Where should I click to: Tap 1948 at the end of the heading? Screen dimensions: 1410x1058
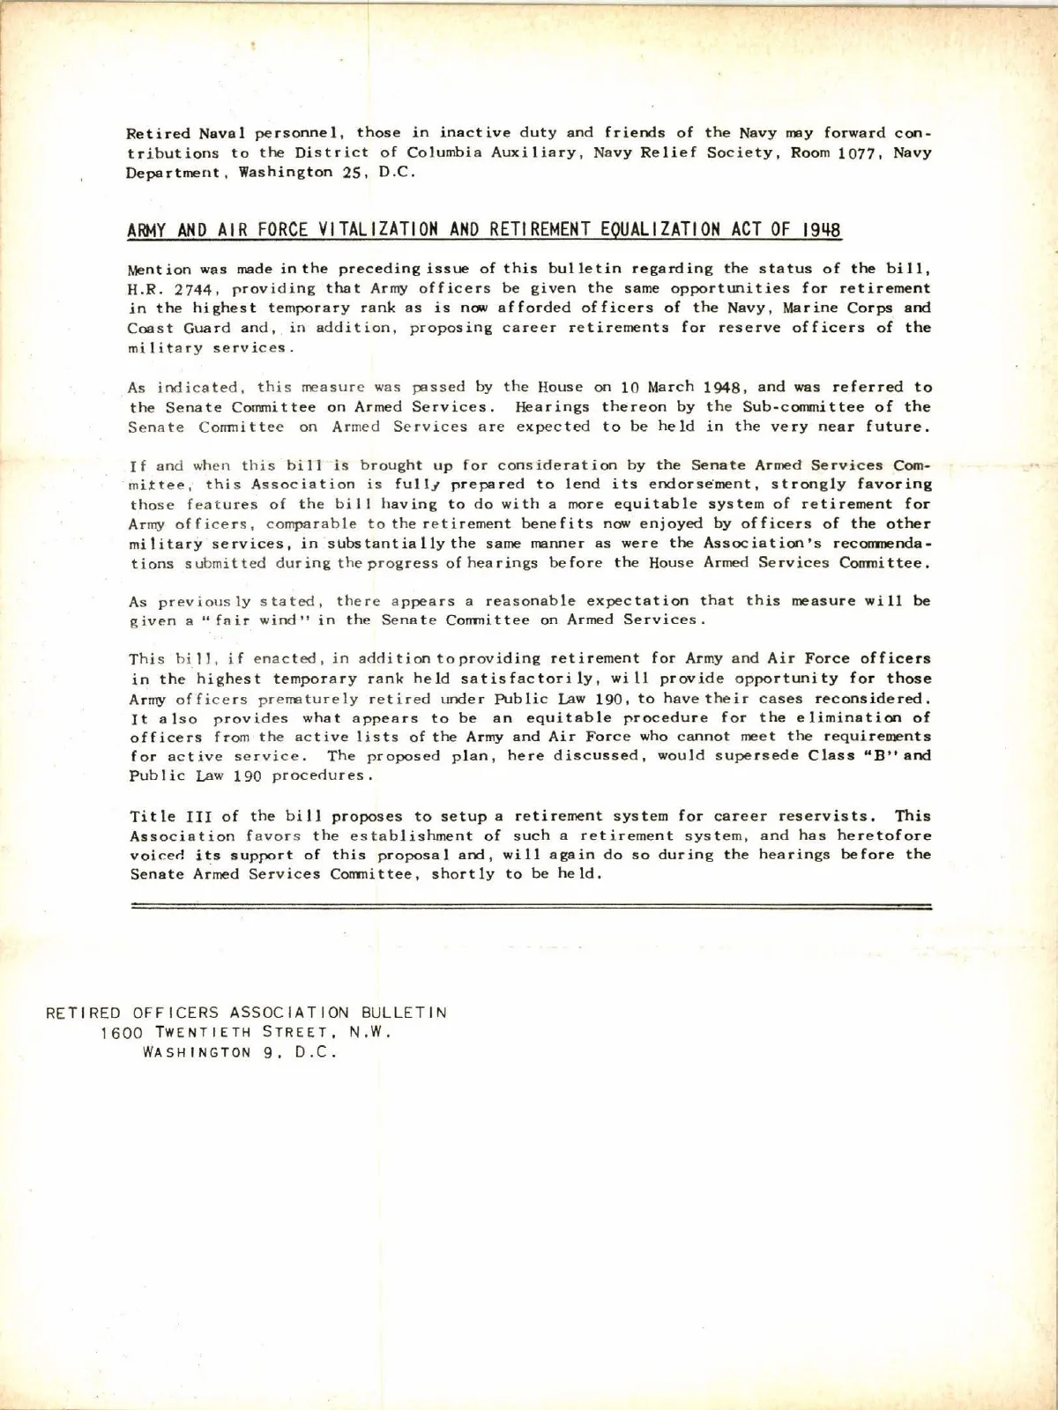pyautogui.click(x=822, y=231)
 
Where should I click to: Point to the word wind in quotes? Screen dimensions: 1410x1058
pyautogui.click(x=272, y=620)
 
